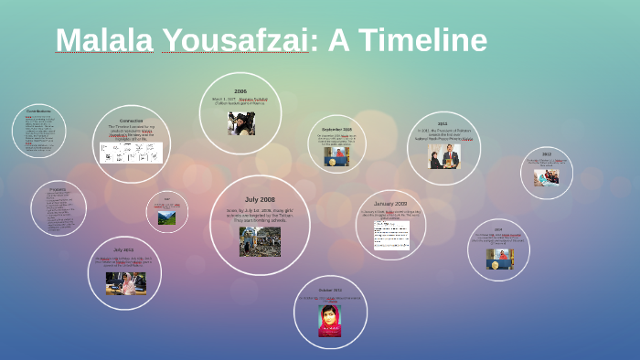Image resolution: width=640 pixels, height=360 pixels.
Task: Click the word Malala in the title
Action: click(x=104, y=40)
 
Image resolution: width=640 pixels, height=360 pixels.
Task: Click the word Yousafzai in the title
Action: click(x=234, y=40)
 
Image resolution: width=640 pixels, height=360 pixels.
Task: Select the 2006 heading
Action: click(x=240, y=91)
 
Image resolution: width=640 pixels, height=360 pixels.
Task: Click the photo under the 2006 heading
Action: click(x=241, y=123)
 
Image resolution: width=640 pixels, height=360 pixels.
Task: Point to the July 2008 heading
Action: click(x=260, y=198)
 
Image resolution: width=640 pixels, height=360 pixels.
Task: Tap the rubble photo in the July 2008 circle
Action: click(x=260, y=241)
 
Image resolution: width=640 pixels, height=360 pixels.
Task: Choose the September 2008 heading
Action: click(x=336, y=129)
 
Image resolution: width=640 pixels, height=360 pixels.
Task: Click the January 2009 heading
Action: click(x=390, y=203)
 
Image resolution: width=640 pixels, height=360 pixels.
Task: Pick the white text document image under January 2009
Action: click(x=390, y=235)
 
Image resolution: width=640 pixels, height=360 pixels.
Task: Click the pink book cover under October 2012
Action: click(x=329, y=320)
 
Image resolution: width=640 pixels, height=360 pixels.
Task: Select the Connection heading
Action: click(x=131, y=120)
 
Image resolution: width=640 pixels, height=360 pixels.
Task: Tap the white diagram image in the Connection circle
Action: click(x=131, y=152)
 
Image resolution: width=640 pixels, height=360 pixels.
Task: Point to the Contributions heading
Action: click(x=38, y=111)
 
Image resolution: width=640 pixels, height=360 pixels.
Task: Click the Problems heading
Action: click(x=57, y=188)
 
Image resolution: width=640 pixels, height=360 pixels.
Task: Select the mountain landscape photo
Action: click(x=166, y=217)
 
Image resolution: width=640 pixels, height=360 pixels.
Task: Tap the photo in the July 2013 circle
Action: click(x=124, y=282)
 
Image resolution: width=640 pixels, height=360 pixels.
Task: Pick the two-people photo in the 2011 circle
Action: click(x=443, y=156)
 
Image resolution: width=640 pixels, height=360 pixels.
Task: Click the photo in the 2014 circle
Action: click(x=498, y=259)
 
